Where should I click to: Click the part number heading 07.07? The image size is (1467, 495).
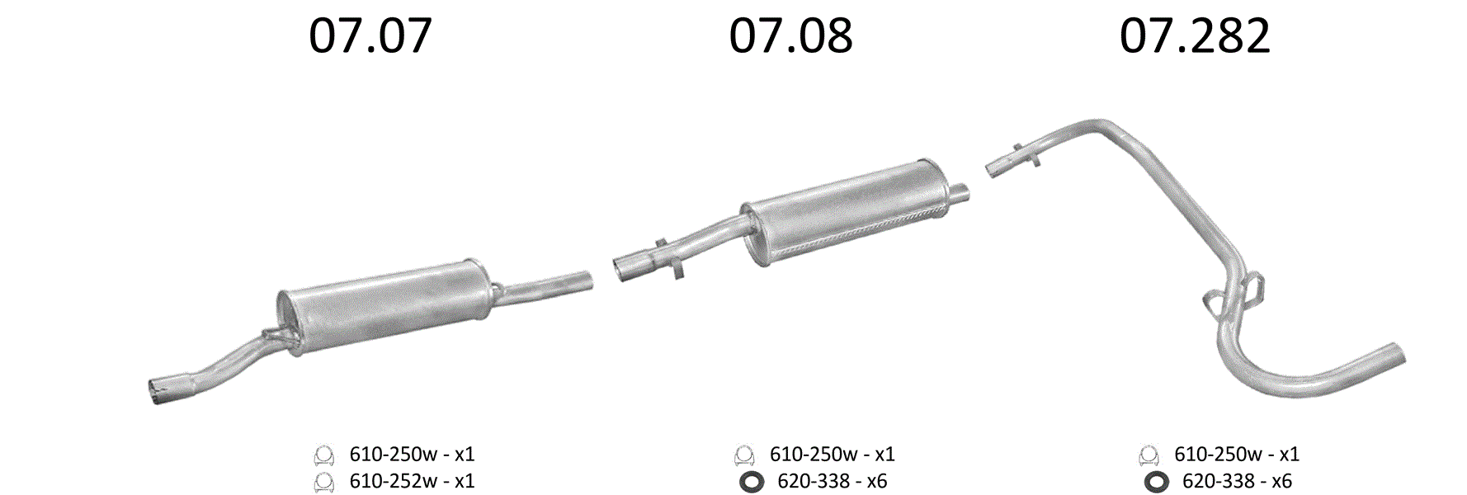pyautogui.click(x=370, y=36)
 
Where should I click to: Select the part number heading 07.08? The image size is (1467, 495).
pyautogui.click(x=790, y=36)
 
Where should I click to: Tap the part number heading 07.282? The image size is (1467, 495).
pyautogui.click(x=1195, y=36)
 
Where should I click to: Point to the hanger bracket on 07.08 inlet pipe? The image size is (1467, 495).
pyautogui.click(x=668, y=258)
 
